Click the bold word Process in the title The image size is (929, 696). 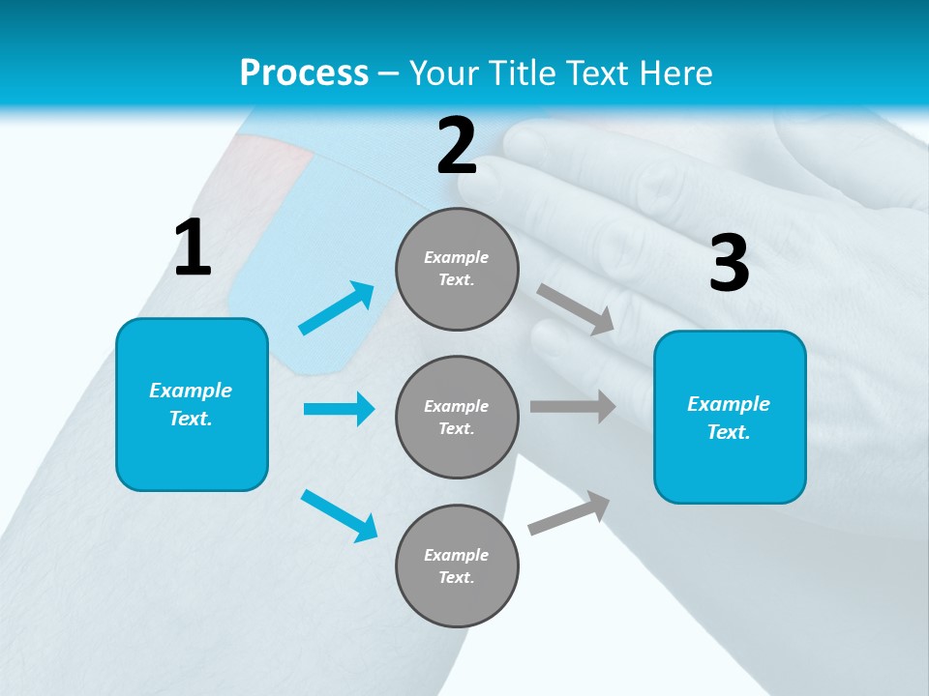coord(304,72)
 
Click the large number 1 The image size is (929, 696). coord(193,248)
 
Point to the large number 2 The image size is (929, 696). coord(457,146)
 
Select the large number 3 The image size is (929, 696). coord(729,264)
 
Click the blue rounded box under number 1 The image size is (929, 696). coord(192,404)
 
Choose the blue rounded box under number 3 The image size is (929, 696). coord(730,417)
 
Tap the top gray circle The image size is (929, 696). coord(457,269)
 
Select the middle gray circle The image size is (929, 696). coord(457,417)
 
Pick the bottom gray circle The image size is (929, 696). coord(457,565)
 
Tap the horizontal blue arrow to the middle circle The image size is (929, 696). coord(339,409)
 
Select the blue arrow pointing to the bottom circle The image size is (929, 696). coord(339,515)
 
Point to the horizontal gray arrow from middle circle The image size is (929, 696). coord(573,407)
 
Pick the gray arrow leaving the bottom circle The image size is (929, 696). coord(569,513)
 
